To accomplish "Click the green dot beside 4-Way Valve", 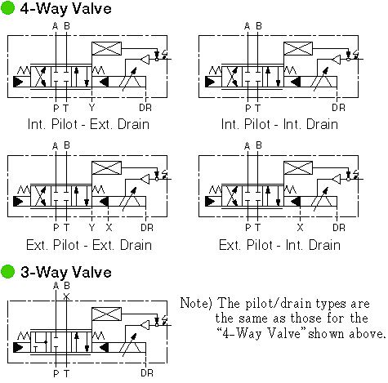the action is coord(7,8).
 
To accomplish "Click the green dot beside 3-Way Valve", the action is coord(7,272).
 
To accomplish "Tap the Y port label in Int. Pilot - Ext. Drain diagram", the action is coord(91,108).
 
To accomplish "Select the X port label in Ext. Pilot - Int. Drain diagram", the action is coord(300,227).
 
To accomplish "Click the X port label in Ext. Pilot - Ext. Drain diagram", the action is coord(109,227).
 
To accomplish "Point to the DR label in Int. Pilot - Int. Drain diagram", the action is coord(338,108).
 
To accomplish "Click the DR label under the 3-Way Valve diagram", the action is coord(147,373).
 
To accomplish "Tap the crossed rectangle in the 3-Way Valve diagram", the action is coord(106,314).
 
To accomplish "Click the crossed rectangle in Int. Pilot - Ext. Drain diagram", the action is coord(106,48).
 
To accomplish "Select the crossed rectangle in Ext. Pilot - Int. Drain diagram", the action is coord(298,167).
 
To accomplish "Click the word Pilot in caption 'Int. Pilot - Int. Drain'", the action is coord(257,124).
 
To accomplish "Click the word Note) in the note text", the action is coord(196,303).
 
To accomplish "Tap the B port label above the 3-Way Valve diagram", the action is coord(67,286).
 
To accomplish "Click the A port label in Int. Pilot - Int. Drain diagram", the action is coord(247,26).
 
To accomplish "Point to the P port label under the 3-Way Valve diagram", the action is coord(56,373).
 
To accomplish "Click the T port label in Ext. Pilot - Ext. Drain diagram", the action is coord(66,227).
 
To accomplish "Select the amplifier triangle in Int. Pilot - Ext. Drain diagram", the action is coord(145,60).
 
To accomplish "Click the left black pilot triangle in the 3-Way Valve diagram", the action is coord(19,348).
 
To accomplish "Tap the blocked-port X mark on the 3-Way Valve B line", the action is coord(66,296).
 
